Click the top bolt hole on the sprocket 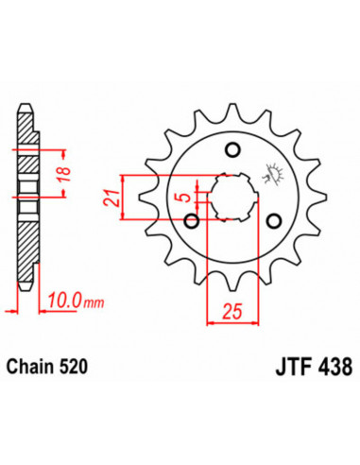pyautogui.click(x=233, y=148)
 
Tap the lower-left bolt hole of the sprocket pyautogui.click(x=192, y=221)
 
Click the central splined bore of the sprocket pyautogui.click(x=228, y=197)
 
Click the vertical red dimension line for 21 pyautogui.click(x=123, y=198)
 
